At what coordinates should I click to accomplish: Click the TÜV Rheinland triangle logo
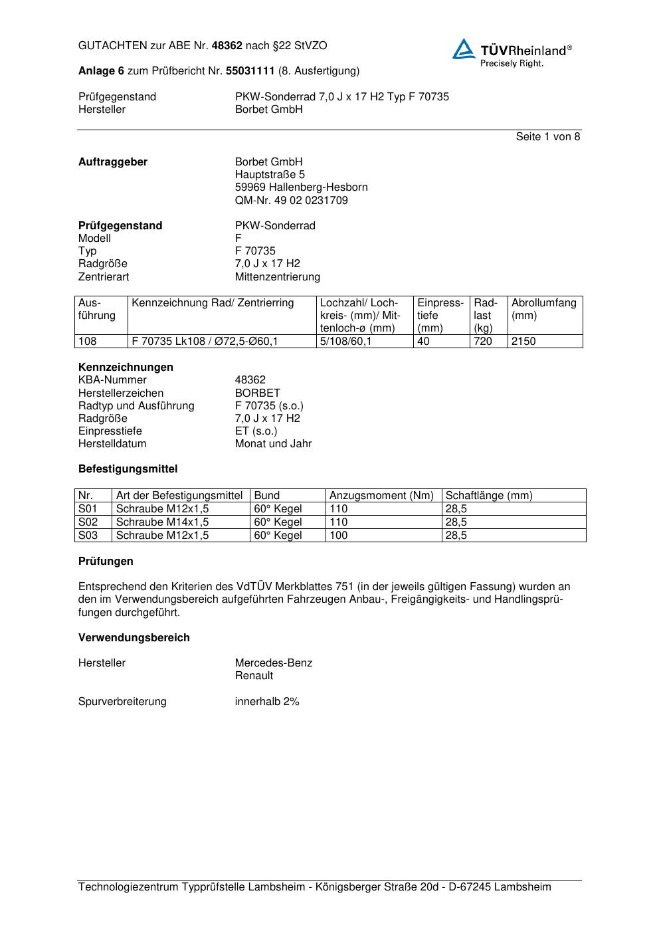(464, 49)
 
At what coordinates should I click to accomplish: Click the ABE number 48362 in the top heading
(227, 46)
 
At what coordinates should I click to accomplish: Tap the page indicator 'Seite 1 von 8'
(547, 137)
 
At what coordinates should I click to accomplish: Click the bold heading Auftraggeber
(113, 162)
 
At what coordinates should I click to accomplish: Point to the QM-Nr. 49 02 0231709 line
(291, 200)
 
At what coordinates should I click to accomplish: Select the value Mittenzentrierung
(277, 276)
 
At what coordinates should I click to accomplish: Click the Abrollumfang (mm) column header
(543, 309)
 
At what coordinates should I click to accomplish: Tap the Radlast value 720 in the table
(483, 342)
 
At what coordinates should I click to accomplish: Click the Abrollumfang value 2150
(523, 342)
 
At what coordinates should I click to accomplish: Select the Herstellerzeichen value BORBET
(257, 393)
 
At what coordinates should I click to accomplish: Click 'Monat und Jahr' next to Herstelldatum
(273, 443)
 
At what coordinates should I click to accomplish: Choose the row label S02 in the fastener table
(88, 522)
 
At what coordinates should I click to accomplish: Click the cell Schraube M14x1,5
(162, 522)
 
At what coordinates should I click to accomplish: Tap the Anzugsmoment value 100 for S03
(338, 535)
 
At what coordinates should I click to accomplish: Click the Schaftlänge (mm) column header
(488, 495)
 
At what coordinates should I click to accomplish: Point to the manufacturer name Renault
(254, 676)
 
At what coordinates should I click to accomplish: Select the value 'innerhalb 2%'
(267, 701)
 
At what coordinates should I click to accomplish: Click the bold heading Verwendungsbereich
(134, 637)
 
